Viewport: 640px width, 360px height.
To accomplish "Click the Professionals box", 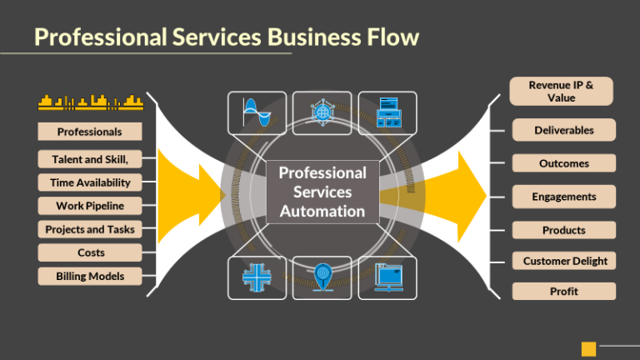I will (90, 132).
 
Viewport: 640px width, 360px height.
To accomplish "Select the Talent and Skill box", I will (90, 158).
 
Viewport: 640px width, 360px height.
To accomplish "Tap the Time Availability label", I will (90, 182).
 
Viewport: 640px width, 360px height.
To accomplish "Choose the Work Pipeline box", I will (90, 206).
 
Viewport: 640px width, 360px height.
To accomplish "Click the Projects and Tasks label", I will (90, 229).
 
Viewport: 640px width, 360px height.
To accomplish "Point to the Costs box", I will (90, 252).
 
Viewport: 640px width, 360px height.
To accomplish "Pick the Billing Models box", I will (90, 276).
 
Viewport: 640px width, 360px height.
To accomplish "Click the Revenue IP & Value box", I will (562, 92).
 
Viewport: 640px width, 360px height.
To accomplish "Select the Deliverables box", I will (564, 130).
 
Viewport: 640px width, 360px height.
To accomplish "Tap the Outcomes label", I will (564, 163).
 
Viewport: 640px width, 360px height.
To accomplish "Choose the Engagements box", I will (564, 197).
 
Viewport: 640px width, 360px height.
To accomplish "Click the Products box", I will (564, 230).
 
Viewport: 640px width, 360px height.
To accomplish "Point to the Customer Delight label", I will (564, 261).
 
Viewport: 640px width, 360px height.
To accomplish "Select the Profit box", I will (564, 291).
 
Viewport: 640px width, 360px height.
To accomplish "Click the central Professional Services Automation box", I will (322, 192).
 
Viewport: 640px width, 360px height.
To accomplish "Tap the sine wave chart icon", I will (257, 112).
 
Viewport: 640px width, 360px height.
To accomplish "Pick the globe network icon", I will (322, 112).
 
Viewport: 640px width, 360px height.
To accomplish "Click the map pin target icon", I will (322, 277).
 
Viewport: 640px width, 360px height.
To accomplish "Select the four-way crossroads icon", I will (257, 277).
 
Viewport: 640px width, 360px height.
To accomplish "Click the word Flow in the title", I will (388, 37).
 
